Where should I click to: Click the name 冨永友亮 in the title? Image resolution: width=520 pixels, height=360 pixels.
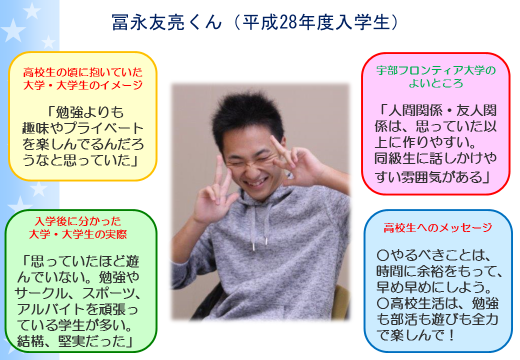(x=147, y=22)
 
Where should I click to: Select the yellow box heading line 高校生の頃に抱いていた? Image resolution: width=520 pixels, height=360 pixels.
(x=83, y=72)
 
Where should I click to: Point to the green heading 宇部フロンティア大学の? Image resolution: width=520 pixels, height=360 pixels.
(x=436, y=70)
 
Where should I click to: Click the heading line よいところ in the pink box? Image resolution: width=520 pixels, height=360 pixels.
(x=436, y=83)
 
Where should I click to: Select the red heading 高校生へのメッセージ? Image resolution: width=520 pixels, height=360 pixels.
(x=438, y=227)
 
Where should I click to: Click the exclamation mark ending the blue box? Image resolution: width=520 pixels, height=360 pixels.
(x=450, y=335)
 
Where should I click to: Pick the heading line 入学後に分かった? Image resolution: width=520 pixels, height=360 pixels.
(x=78, y=221)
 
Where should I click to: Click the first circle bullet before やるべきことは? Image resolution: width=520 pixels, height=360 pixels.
(x=383, y=255)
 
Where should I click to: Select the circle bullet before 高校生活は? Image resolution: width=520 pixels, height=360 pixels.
(x=383, y=303)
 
